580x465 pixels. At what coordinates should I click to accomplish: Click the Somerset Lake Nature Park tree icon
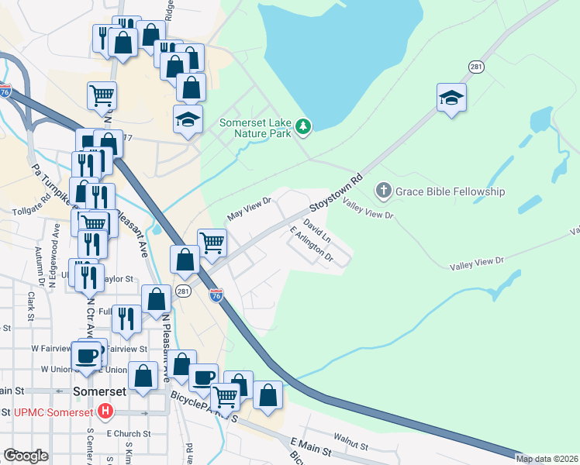pyautogui.click(x=304, y=126)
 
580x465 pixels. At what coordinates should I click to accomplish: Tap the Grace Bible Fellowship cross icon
pyautogui.click(x=382, y=191)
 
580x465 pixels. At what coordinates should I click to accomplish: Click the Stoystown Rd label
pyautogui.click(x=337, y=194)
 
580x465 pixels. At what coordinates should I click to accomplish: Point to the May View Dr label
pyautogui.click(x=248, y=206)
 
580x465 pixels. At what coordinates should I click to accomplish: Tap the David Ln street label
pyautogui.click(x=317, y=229)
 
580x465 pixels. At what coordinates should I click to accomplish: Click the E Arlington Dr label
pyautogui.click(x=310, y=245)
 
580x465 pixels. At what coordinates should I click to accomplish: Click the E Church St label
pyautogui.click(x=123, y=433)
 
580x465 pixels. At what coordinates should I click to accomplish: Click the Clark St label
pyautogui.click(x=31, y=306)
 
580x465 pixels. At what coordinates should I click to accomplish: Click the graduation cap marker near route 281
pyautogui.click(x=451, y=98)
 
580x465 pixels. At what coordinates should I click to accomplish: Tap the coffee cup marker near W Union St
pyautogui.click(x=87, y=355)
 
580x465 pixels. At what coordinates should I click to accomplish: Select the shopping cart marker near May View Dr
pyautogui.click(x=212, y=243)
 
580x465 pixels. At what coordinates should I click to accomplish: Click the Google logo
pyautogui.click(x=26, y=456)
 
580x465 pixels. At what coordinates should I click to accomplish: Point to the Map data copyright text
pyautogui.click(x=547, y=459)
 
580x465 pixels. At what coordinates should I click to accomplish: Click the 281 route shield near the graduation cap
pyautogui.click(x=476, y=67)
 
